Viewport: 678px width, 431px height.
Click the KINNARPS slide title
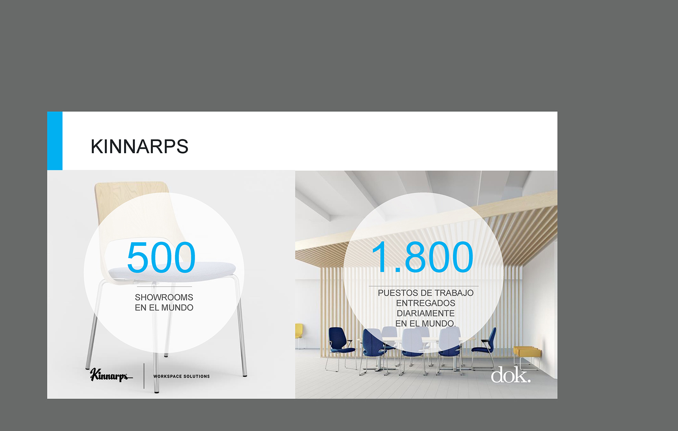(140, 146)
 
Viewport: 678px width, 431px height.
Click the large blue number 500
(161, 257)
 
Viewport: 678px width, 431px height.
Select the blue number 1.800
(422, 257)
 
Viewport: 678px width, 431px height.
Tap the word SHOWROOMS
(164, 297)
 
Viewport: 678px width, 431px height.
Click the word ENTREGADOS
(426, 303)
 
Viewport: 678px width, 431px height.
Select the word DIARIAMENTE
(426, 314)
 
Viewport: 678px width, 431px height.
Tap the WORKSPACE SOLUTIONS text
(181, 376)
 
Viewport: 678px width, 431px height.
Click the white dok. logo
(510, 375)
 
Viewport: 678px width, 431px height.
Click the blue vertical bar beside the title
(55, 141)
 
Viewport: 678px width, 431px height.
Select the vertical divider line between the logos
(144, 376)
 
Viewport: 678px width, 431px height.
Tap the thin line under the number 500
(164, 287)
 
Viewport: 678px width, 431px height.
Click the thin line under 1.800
(424, 286)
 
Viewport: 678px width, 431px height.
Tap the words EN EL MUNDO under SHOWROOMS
(164, 308)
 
